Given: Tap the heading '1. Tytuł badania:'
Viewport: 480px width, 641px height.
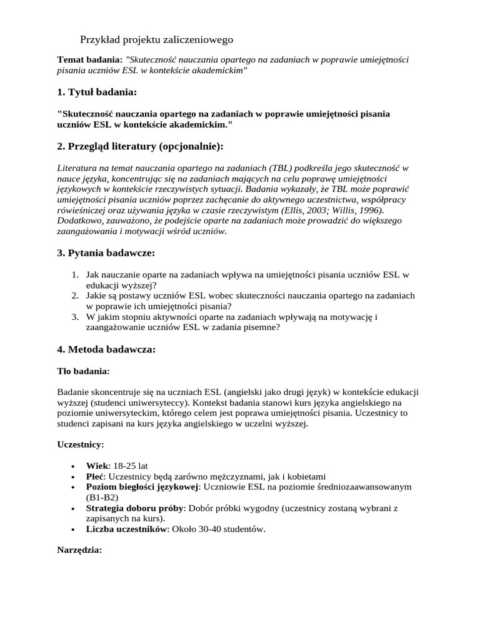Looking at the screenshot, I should point(96,92).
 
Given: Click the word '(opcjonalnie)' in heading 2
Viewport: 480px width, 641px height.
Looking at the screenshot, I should point(191,146).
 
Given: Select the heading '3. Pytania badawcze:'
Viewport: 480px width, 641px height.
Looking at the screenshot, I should point(106,253).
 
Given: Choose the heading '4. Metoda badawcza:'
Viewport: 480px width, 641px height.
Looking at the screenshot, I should point(106,349).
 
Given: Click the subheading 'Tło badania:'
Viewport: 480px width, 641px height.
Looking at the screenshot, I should point(83,371).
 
